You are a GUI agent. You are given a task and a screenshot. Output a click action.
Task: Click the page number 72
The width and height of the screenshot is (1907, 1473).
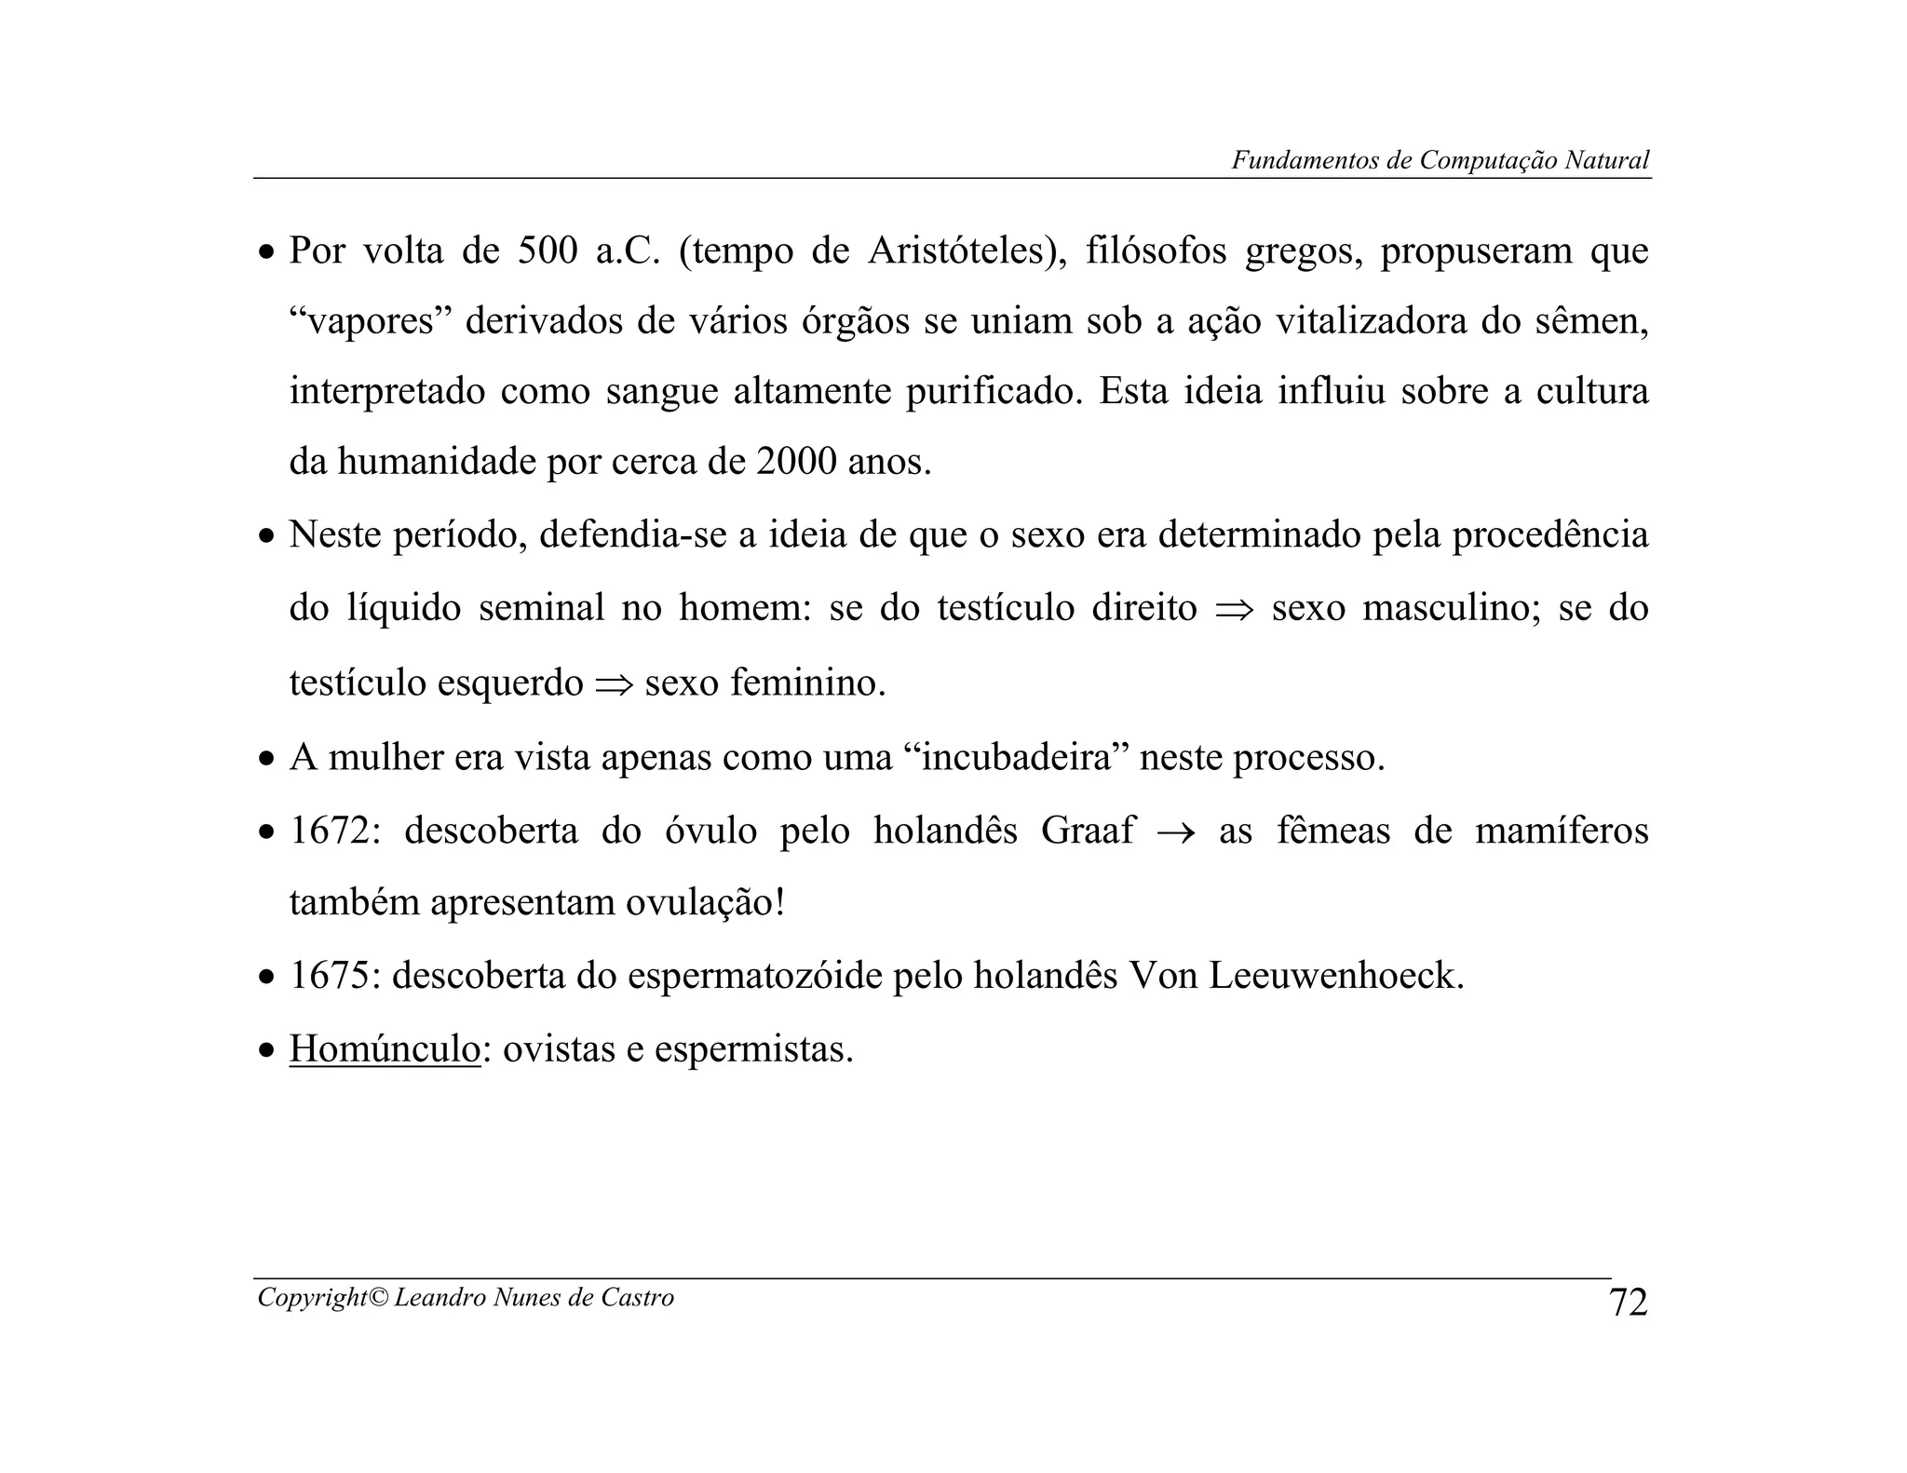coord(1629,1302)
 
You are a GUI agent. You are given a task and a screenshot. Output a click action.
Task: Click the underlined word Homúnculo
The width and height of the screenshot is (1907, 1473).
coord(385,1049)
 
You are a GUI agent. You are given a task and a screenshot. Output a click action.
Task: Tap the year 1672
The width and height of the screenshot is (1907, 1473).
coord(330,830)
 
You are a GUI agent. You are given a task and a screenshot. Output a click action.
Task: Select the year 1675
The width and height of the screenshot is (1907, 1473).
coord(330,976)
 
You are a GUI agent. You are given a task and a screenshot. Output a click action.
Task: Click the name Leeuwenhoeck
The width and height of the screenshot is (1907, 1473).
coord(1335,976)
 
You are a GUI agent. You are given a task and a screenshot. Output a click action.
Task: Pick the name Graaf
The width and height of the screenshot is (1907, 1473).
coord(1087,830)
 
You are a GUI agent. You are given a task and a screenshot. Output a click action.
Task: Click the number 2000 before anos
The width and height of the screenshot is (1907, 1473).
coord(796,462)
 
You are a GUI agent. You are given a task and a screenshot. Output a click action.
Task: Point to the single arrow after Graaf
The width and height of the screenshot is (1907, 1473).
coord(1177,831)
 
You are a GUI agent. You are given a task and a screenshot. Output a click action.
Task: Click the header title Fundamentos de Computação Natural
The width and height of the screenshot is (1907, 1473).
coord(1440,160)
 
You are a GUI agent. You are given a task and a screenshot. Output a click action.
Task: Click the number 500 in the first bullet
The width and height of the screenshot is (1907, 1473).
coord(548,250)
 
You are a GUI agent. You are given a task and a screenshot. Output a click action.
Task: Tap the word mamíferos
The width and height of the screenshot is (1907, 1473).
coord(1562,830)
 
